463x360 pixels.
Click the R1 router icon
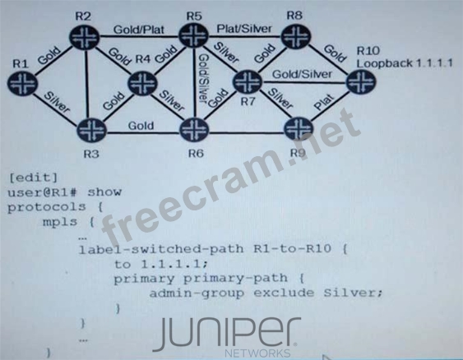click(x=22, y=83)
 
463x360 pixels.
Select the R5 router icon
click(x=194, y=36)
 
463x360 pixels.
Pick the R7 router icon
click(x=248, y=81)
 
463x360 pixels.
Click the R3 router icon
click(x=91, y=130)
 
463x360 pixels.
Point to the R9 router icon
click(x=299, y=129)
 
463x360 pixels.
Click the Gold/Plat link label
click(x=139, y=30)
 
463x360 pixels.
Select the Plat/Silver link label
click(x=244, y=29)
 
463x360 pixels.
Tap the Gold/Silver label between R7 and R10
click(x=302, y=74)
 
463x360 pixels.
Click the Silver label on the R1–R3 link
click(x=57, y=103)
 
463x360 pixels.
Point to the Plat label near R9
click(x=324, y=102)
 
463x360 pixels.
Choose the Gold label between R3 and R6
click(x=141, y=126)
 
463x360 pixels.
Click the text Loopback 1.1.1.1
click(x=405, y=63)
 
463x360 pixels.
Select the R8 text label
click(x=294, y=15)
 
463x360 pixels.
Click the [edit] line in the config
click(x=33, y=178)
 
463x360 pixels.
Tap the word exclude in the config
click(x=284, y=293)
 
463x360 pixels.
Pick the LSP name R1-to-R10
click(x=292, y=249)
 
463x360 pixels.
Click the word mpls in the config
click(x=60, y=222)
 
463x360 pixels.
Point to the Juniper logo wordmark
click(x=227, y=335)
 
